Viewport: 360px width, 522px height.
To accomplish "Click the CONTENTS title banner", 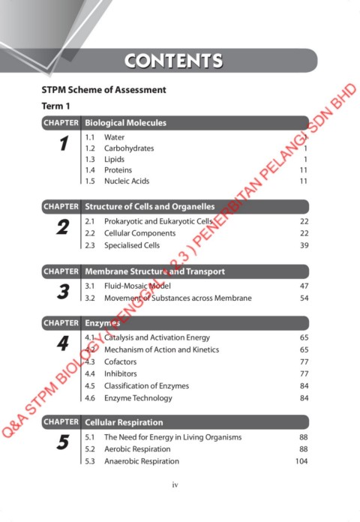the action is tap(173, 61).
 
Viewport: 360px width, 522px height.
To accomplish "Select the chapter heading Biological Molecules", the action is tap(125, 122).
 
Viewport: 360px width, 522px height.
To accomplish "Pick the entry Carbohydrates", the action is tap(128, 148).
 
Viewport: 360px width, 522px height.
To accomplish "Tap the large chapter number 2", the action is tap(63, 227).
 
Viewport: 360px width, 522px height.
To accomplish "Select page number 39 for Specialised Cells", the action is tap(304, 245).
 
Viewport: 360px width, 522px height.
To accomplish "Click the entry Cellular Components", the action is tap(139, 233).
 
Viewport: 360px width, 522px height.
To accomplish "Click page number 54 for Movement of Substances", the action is tap(304, 298).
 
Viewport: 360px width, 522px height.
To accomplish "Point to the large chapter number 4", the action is tap(63, 344).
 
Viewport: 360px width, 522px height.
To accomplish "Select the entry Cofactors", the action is tap(120, 361).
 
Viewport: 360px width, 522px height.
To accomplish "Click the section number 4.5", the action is tap(90, 385).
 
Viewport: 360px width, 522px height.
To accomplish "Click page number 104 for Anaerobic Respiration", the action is tap(301, 461).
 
